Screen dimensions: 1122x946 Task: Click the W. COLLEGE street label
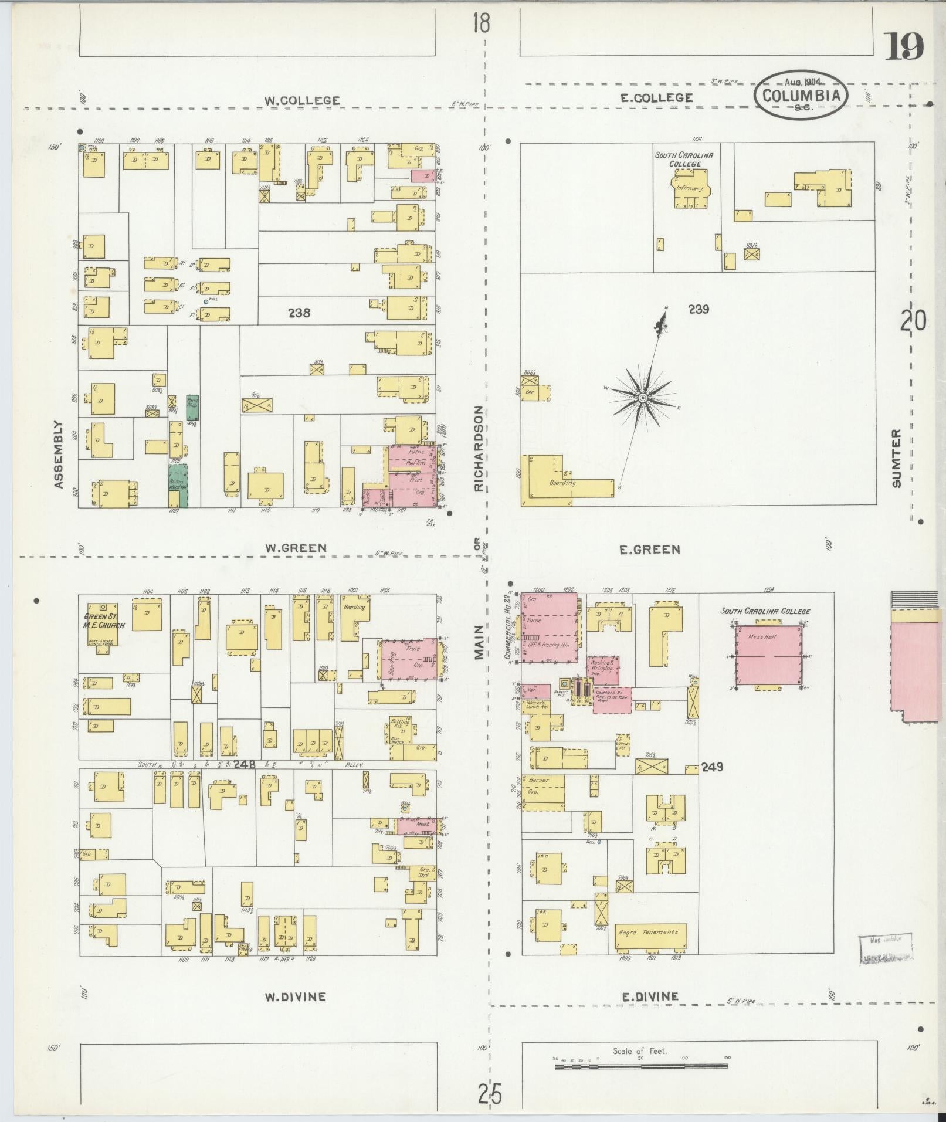[x=301, y=100]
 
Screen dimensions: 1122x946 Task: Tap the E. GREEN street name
[x=650, y=550]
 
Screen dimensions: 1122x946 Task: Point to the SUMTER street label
[x=895, y=457]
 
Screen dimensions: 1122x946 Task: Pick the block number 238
[x=299, y=313]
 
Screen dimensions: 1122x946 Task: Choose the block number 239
[x=699, y=309]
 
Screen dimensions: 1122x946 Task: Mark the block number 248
[x=243, y=764]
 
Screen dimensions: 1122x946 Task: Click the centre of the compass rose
[x=643, y=398]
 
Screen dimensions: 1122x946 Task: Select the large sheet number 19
[x=903, y=47]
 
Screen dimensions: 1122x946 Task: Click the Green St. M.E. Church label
[x=106, y=621]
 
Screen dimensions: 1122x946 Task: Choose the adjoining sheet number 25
[x=490, y=1094]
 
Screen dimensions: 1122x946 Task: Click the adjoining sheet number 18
[x=482, y=24]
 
